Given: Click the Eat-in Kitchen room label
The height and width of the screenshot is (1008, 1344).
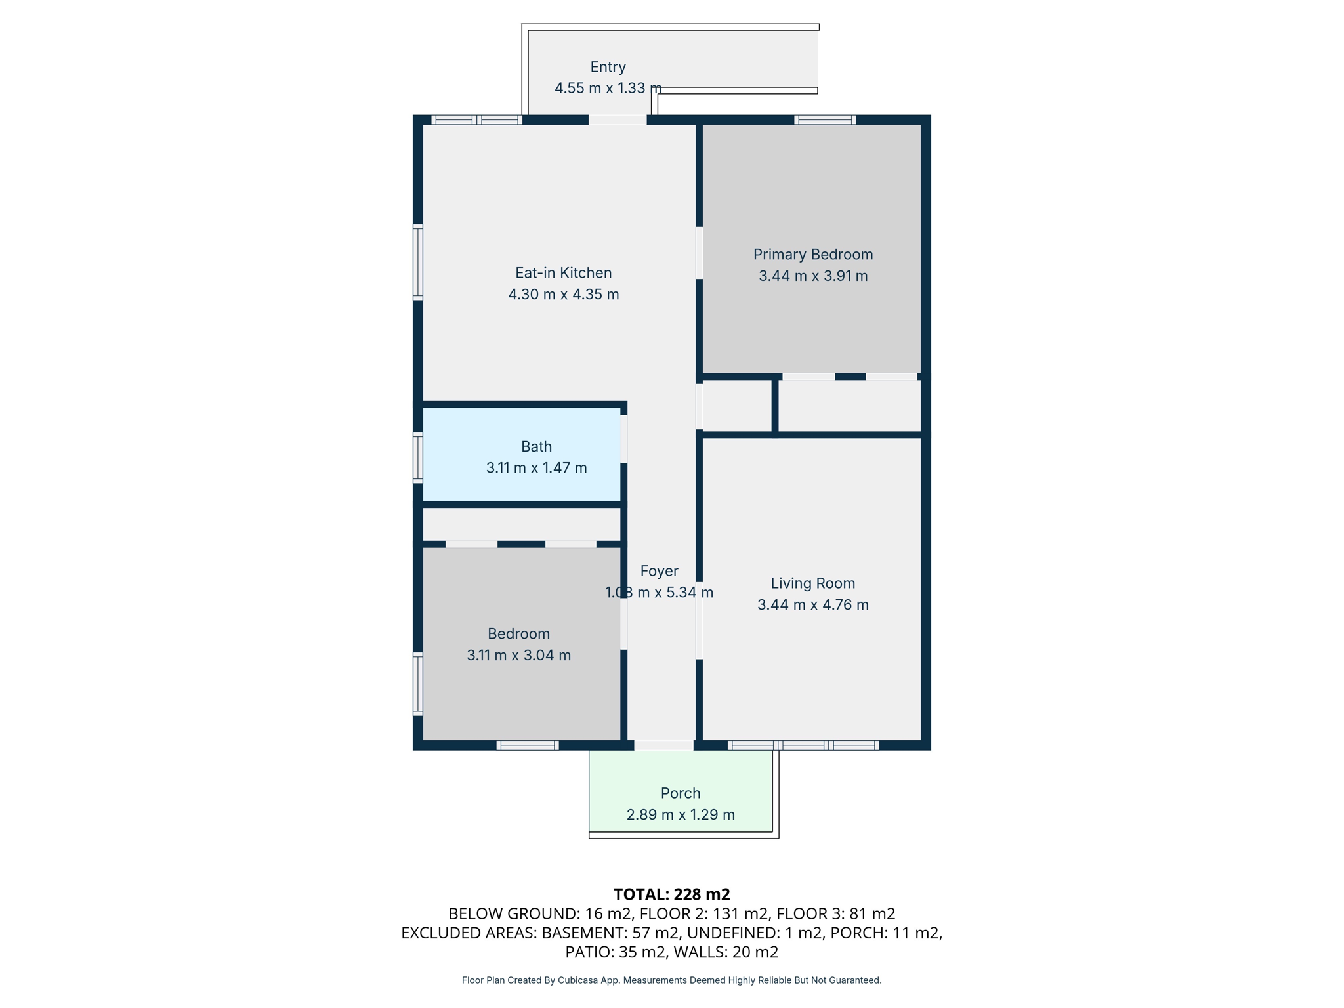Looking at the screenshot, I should point(563,272).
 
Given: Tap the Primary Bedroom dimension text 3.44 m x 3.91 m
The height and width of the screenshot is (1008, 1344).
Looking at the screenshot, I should point(813,276).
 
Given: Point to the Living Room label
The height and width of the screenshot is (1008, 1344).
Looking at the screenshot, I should point(812,583).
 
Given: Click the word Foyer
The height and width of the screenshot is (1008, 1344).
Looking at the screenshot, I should point(659,571).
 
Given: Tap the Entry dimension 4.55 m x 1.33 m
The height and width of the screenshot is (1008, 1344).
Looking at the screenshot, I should point(608,88).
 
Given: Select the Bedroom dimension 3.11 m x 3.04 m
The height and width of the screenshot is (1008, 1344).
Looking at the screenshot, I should point(518,655).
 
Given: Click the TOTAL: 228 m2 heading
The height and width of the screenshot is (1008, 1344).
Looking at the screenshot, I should point(671,894).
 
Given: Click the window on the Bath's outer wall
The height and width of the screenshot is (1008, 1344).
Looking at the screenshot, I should point(417,457).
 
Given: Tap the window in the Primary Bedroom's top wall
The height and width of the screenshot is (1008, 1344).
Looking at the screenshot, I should point(825,120).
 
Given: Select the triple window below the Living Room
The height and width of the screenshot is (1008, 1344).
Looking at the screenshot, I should point(803,745).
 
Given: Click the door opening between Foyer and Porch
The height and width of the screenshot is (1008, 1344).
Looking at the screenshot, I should point(663,745).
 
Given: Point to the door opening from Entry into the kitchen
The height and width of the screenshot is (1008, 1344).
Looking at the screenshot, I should point(618,120).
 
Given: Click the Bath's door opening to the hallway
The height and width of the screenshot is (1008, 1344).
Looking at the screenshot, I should point(623,438).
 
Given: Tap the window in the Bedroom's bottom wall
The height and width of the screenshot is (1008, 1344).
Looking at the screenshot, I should point(528,745).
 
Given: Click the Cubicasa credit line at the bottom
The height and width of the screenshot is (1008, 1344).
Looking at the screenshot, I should point(671,980).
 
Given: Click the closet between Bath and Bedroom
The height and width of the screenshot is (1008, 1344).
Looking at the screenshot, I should point(521,524).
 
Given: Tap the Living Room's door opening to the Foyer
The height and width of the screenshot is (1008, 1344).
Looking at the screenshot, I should point(699,620).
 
